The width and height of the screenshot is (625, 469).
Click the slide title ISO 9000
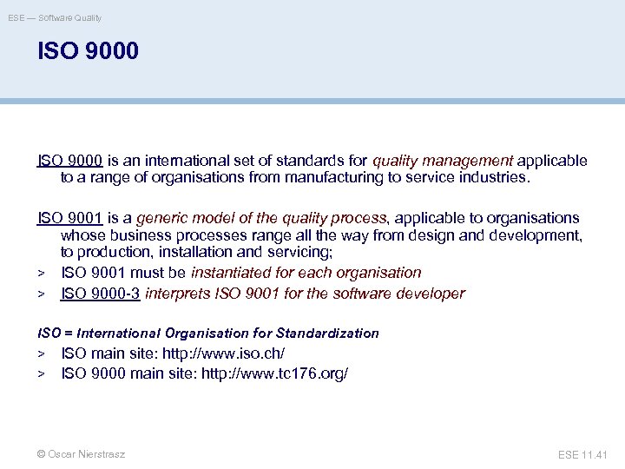88,51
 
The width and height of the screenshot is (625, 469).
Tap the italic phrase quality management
443,161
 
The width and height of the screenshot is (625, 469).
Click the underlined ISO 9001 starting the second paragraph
70,218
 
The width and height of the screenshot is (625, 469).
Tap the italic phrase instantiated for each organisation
306,273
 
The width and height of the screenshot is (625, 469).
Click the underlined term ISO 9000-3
101,294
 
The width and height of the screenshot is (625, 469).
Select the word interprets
178,294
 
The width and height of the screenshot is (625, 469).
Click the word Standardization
327,334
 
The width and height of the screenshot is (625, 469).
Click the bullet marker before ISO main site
41,354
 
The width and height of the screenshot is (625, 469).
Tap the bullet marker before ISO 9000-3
41,294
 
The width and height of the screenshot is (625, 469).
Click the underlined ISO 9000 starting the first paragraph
70,161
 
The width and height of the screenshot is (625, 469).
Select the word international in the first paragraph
186,161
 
